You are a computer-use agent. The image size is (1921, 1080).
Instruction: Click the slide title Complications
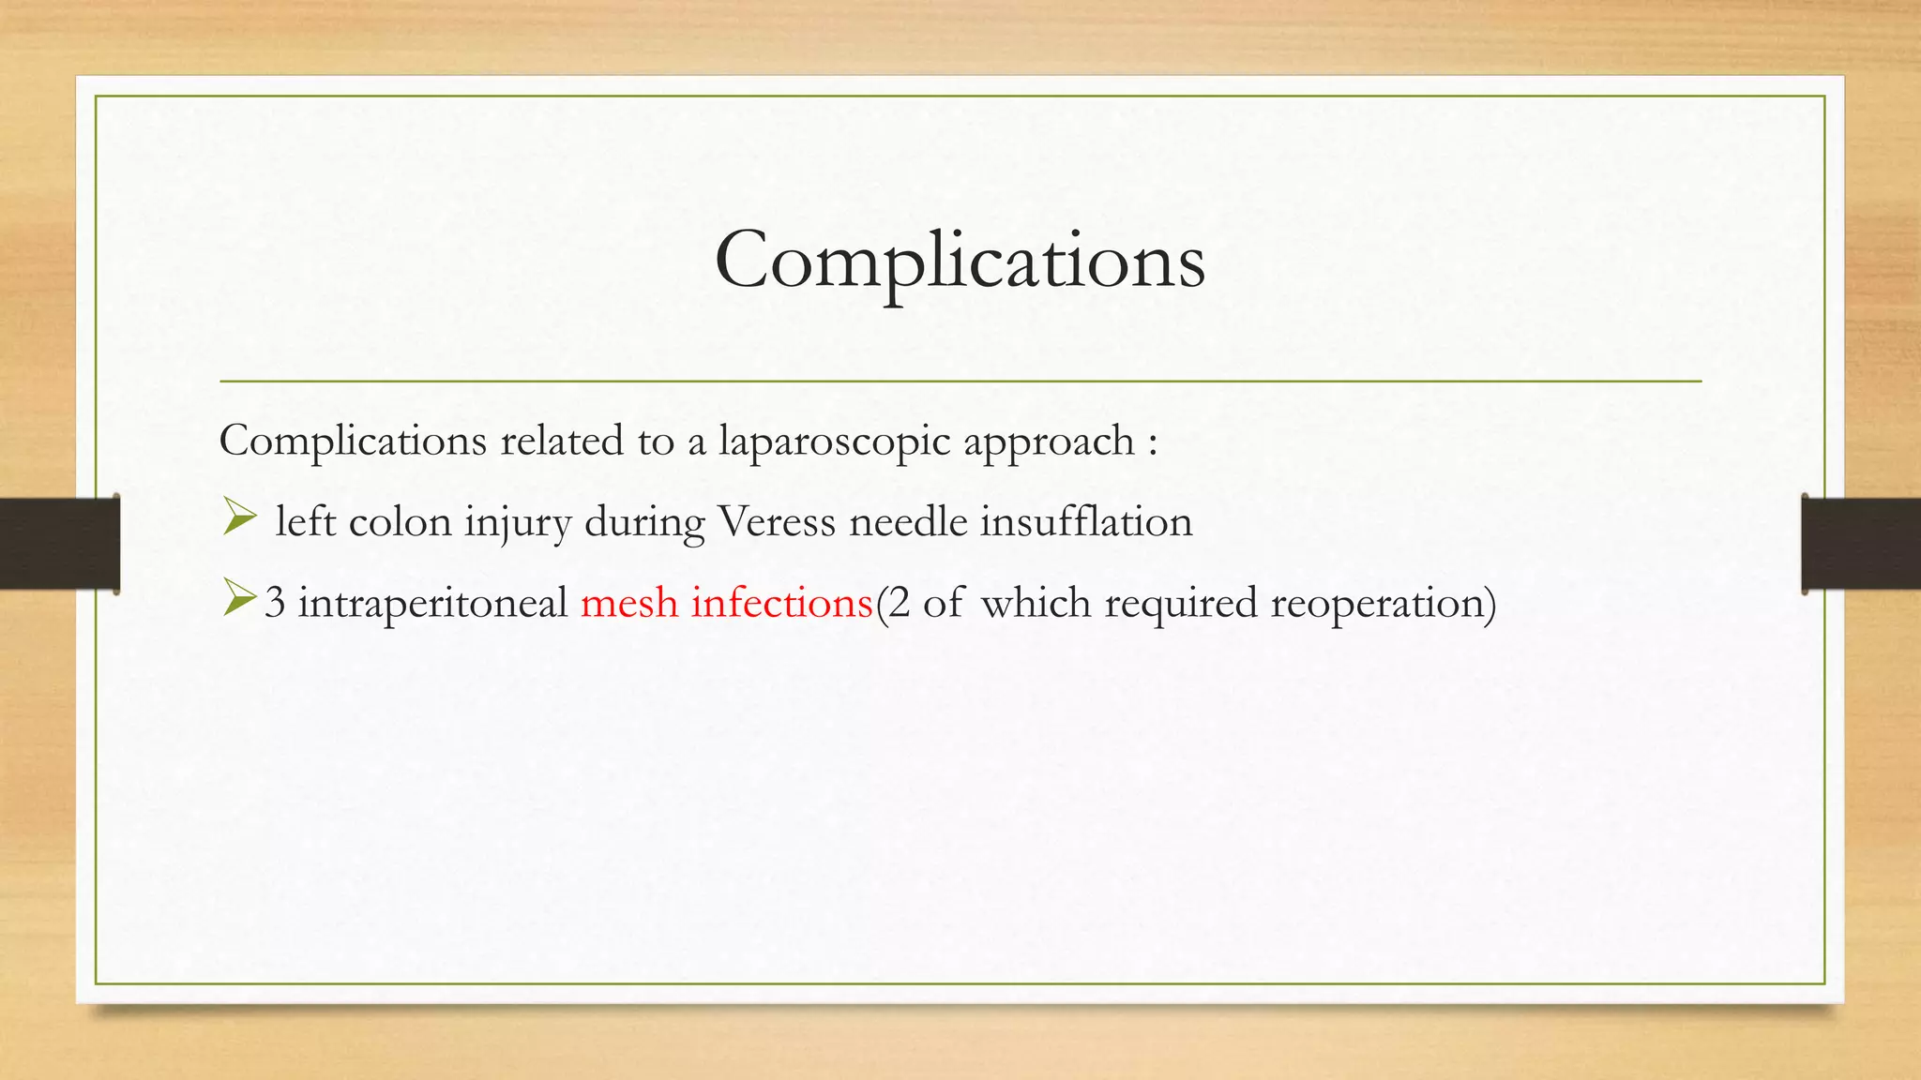[960, 261]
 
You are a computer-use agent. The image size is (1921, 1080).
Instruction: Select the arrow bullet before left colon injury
[239, 517]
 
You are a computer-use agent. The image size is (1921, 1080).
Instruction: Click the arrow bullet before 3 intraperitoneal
[239, 599]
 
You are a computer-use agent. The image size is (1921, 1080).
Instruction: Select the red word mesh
[629, 603]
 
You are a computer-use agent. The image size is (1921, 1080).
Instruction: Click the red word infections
[781, 603]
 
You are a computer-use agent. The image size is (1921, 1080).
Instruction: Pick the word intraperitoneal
[432, 603]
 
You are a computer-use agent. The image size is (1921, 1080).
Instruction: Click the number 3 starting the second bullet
[275, 603]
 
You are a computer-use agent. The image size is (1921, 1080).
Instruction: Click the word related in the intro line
[561, 441]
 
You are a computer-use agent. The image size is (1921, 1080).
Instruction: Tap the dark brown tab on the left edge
[59, 544]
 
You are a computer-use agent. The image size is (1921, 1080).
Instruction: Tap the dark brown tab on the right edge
[1861, 544]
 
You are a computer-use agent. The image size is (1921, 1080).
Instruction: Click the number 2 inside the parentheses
[899, 603]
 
